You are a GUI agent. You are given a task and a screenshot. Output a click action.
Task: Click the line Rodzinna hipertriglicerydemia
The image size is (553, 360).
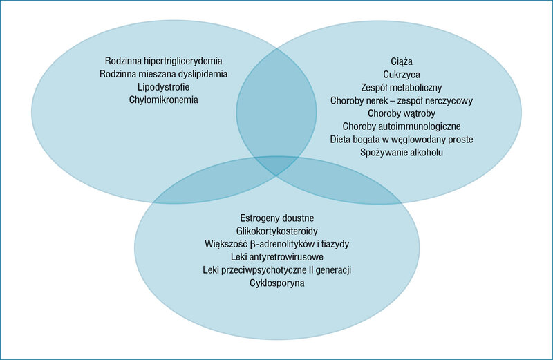tap(164, 61)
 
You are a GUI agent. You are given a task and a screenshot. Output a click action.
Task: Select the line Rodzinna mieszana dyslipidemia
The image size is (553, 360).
tap(164, 74)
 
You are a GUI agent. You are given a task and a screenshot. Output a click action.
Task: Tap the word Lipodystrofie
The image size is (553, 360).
tap(164, 87)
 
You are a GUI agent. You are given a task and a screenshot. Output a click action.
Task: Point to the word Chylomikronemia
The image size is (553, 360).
tap(164, 100)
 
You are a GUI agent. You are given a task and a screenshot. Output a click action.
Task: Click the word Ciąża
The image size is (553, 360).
tap(402, 61)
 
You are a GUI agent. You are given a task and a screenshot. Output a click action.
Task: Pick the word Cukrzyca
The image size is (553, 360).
tap(402, 75)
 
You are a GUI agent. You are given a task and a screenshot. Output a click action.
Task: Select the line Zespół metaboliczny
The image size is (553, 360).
tap(402, 88)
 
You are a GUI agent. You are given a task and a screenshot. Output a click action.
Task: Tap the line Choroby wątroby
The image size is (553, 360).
tap(402, 113)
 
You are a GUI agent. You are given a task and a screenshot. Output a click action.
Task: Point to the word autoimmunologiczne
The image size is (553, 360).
tap(418, 126)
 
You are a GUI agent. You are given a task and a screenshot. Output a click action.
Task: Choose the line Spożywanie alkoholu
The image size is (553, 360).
tap(402, 153)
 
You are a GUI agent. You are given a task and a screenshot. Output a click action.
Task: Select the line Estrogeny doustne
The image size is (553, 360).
tap(277, 218)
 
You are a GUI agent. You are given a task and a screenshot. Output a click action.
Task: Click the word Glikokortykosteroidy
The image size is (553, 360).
tap(277, 231)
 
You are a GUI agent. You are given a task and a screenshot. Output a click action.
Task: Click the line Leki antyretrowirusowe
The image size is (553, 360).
tap(277, 257)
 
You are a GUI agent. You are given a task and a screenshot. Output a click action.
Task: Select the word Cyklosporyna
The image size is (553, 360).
tap(277, 283)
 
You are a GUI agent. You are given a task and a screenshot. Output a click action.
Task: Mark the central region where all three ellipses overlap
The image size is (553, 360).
tap(276, 165)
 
